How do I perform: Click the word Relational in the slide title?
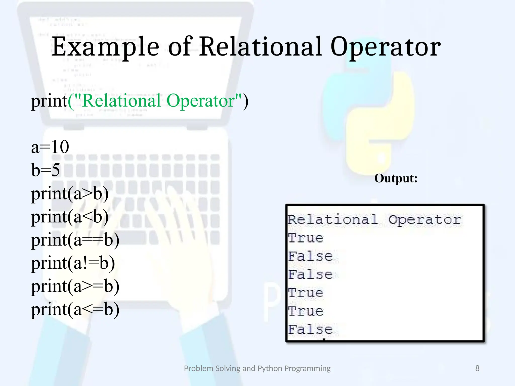click(x=261, y=47)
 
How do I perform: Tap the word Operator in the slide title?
click(x=385, y=47)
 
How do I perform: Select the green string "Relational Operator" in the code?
click(x=158, y=101)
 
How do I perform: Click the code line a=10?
click(x=50, y=147)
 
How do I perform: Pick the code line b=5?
click(x=46, y=170)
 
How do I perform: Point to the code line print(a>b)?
click(x=70, y=194)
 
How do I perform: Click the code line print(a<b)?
click(x=70, y=217)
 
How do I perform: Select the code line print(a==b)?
click(x=75, y=240)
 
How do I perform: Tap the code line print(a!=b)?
click(x=73, y=263)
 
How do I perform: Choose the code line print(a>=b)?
click(x=75, y=286)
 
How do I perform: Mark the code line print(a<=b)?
click(x=75, y=309)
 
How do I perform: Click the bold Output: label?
click(x=396, y=178)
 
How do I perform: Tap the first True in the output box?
click(x=306, y=238)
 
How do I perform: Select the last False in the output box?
click(x=310, y=329)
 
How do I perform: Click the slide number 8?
click(x=477, y=368)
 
